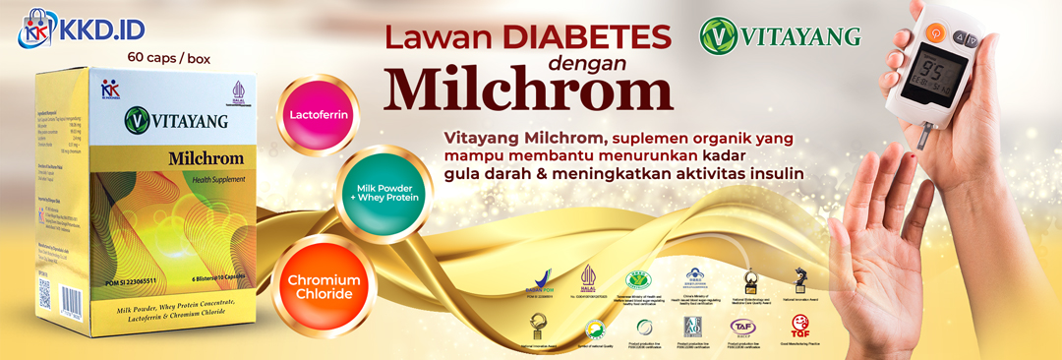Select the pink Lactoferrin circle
point(320,115)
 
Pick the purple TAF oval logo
point(741,326)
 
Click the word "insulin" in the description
point(775,173)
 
